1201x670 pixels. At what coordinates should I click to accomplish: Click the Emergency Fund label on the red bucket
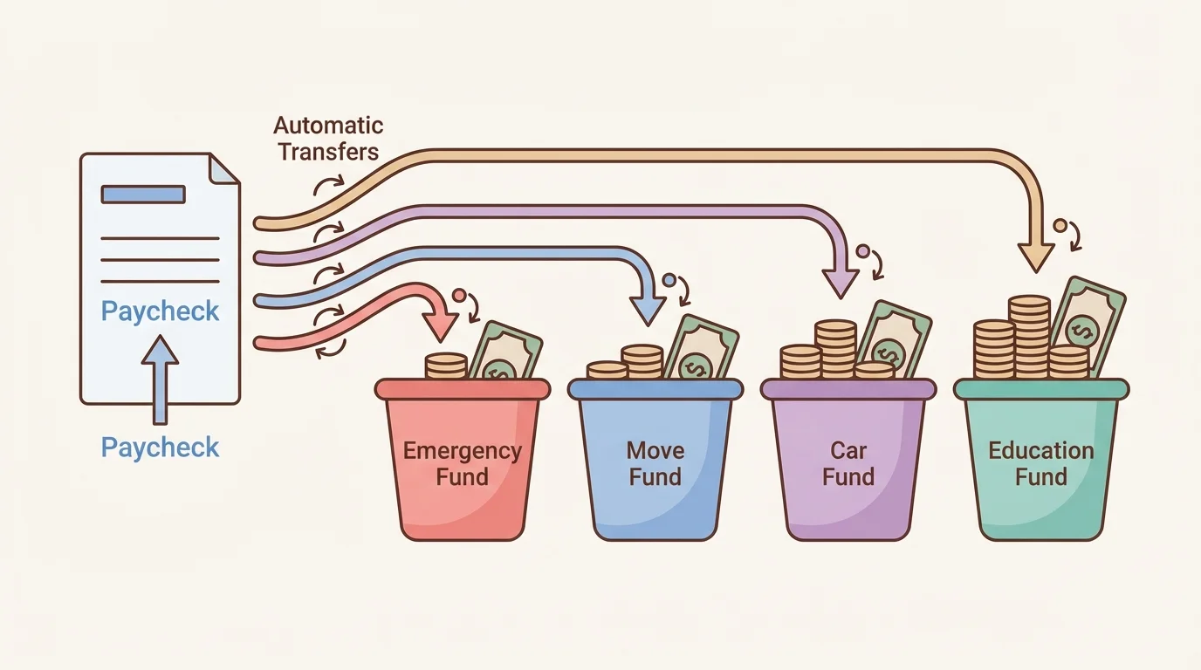462,463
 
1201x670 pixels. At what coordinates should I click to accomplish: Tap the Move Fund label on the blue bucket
655,463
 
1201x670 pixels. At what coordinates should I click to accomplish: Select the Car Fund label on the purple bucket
848,463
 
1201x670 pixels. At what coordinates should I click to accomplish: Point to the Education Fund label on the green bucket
1040,463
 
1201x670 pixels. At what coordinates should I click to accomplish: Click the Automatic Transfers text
329,138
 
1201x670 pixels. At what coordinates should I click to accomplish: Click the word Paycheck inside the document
160,311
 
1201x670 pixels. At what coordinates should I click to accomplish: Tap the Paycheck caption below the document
160,448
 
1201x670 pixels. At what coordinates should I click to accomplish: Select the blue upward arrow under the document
160,379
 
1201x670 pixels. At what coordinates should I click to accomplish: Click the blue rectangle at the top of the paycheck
143,194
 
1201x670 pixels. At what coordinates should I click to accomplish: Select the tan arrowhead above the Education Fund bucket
1036,256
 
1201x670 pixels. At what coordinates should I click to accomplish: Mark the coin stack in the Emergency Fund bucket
446,366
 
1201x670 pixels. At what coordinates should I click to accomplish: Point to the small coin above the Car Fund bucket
863,251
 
